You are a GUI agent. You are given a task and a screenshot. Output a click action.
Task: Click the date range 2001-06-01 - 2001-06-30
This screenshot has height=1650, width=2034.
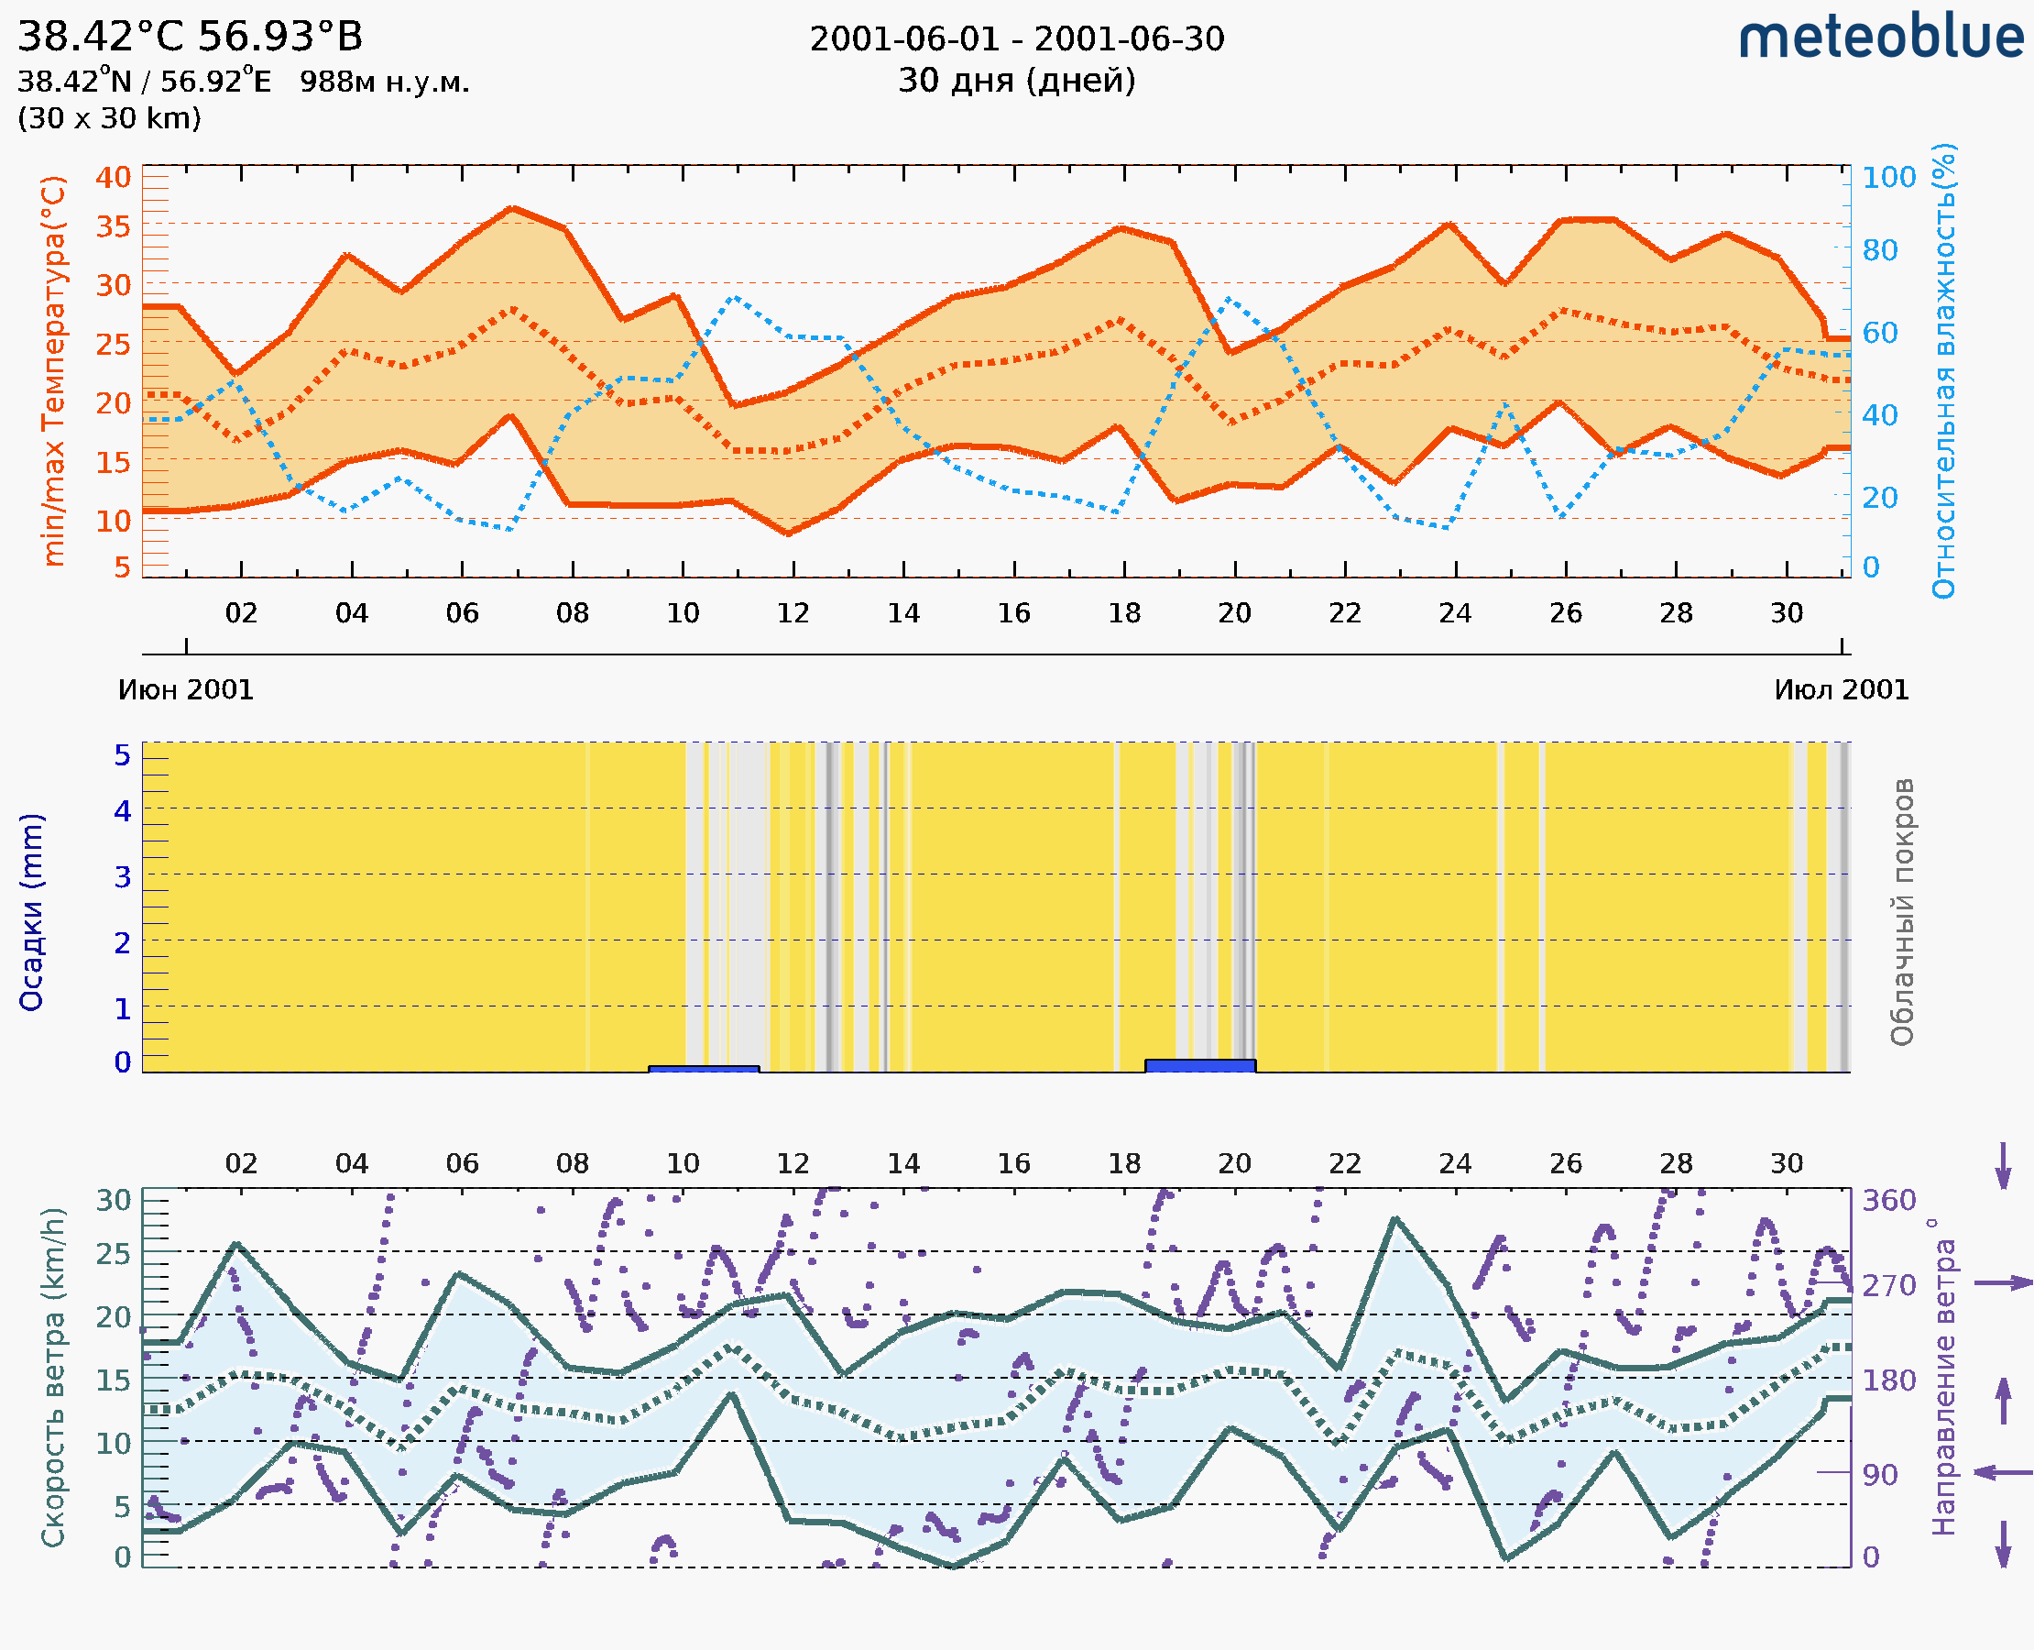click(x=1016, y=39)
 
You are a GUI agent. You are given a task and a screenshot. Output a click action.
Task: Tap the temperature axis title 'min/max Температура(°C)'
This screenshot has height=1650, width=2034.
click(x=54, y=370)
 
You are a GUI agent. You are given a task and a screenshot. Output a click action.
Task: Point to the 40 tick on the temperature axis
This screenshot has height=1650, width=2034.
click(x=113, y=178)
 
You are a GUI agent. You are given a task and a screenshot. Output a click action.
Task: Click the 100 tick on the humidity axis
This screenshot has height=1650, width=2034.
click(x=1888, y=178)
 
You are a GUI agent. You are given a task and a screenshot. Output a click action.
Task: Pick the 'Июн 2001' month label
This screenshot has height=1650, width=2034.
click(x=186, y=690)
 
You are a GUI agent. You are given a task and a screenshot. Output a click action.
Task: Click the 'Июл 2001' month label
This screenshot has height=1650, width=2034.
click(x=1842, y=690)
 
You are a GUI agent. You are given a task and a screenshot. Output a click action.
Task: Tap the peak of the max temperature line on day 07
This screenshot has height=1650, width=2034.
click(x=512, y=207)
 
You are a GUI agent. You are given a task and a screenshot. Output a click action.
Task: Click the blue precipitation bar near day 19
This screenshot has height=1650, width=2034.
click(x=1200, y=1065)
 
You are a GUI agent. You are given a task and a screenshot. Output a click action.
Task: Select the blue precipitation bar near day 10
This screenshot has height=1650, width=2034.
click(x=703, y=1069)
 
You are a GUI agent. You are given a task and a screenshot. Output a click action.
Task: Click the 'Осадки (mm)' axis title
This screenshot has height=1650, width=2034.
click(x=31, y=912)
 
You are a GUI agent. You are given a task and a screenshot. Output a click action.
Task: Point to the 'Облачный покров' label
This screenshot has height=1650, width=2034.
click(x=1901, y=912)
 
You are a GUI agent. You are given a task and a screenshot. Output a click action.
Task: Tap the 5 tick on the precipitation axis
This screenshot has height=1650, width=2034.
click(x=123, y=755)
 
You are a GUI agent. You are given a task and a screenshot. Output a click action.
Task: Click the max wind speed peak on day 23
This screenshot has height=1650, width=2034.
click(x=1394, y=1218)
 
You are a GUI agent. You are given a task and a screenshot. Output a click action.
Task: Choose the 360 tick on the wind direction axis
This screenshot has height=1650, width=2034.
click(x=1888, y=1201)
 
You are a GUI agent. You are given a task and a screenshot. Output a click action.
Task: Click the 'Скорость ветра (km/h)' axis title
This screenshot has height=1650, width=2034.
click(x=54, y=1377)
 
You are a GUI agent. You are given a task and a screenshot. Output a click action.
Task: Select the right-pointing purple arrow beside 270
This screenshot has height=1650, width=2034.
click(x=2003, y=1283)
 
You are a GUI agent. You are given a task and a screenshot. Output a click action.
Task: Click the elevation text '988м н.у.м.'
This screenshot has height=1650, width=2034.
click(x=385, y=82)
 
